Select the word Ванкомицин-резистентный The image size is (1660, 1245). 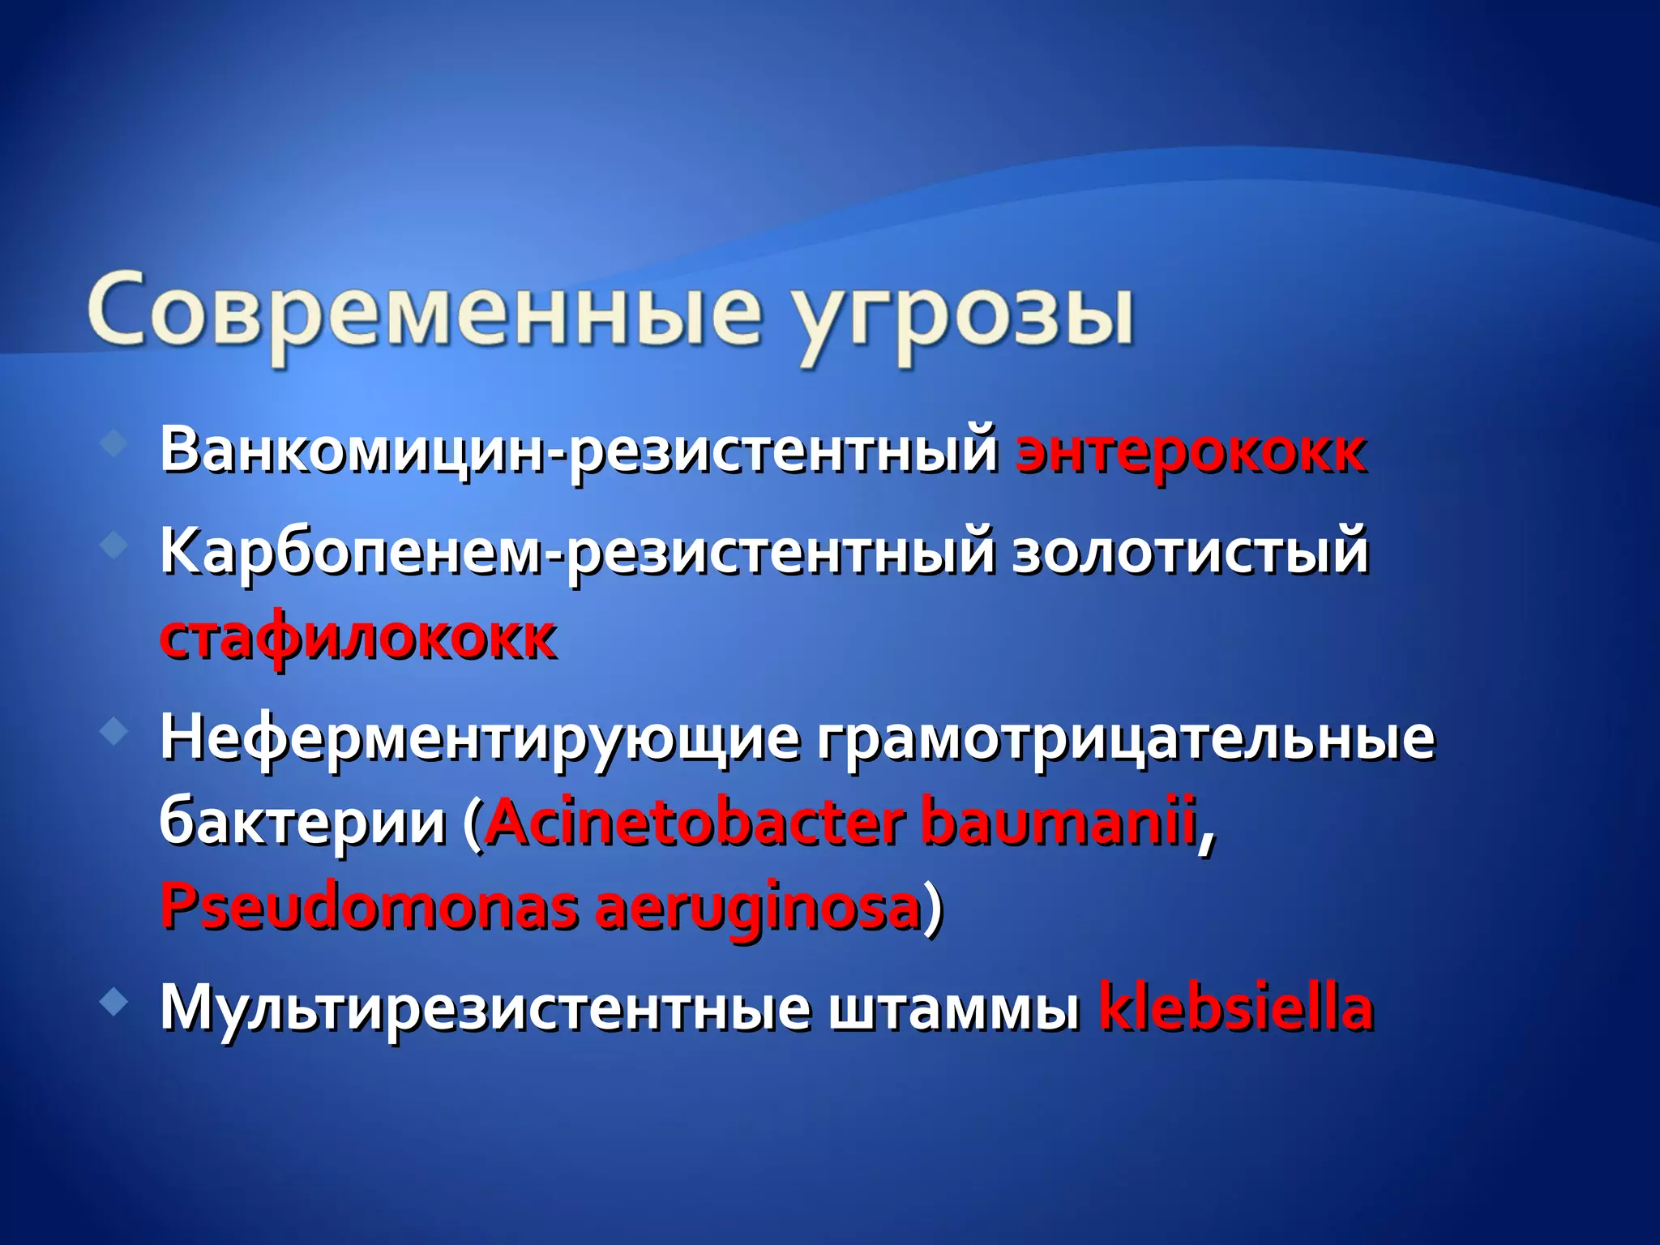tap(579, 451)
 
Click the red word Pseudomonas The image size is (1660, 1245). tap(369, 906)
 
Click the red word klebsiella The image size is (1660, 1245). tap(1235, 1007)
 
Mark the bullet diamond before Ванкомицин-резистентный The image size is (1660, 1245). tap(114, 443)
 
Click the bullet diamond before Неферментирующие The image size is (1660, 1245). tap(114, 733)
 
